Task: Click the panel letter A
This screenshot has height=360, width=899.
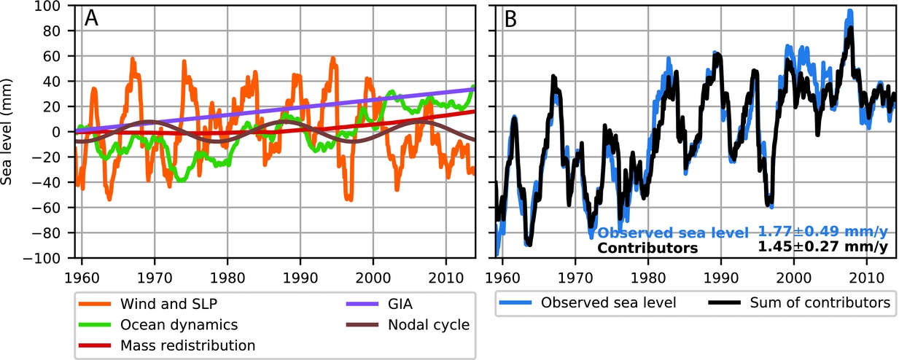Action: point(92,18)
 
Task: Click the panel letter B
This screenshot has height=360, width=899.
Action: point(511,18)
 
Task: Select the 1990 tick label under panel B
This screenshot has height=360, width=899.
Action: point(721,274)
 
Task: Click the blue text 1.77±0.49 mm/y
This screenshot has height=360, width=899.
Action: point(822,232)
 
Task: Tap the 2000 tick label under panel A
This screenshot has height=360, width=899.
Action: point(373,274)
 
